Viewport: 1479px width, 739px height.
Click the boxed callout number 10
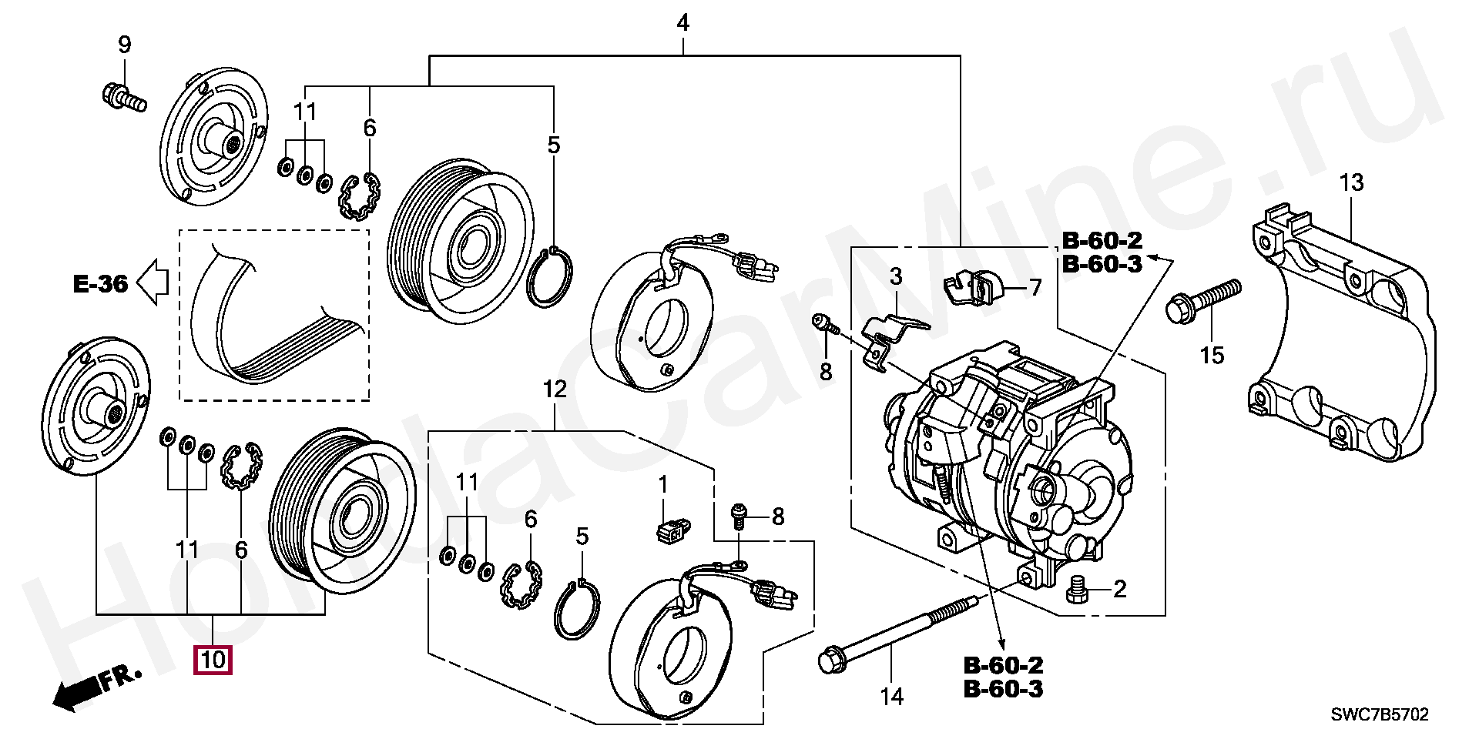(213, 660)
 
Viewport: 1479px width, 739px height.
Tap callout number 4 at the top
(682, 23)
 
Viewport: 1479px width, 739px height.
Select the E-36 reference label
(100, 284)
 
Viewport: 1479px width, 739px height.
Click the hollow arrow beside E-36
(153, 282)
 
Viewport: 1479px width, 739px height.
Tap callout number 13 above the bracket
(1351, 182)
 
